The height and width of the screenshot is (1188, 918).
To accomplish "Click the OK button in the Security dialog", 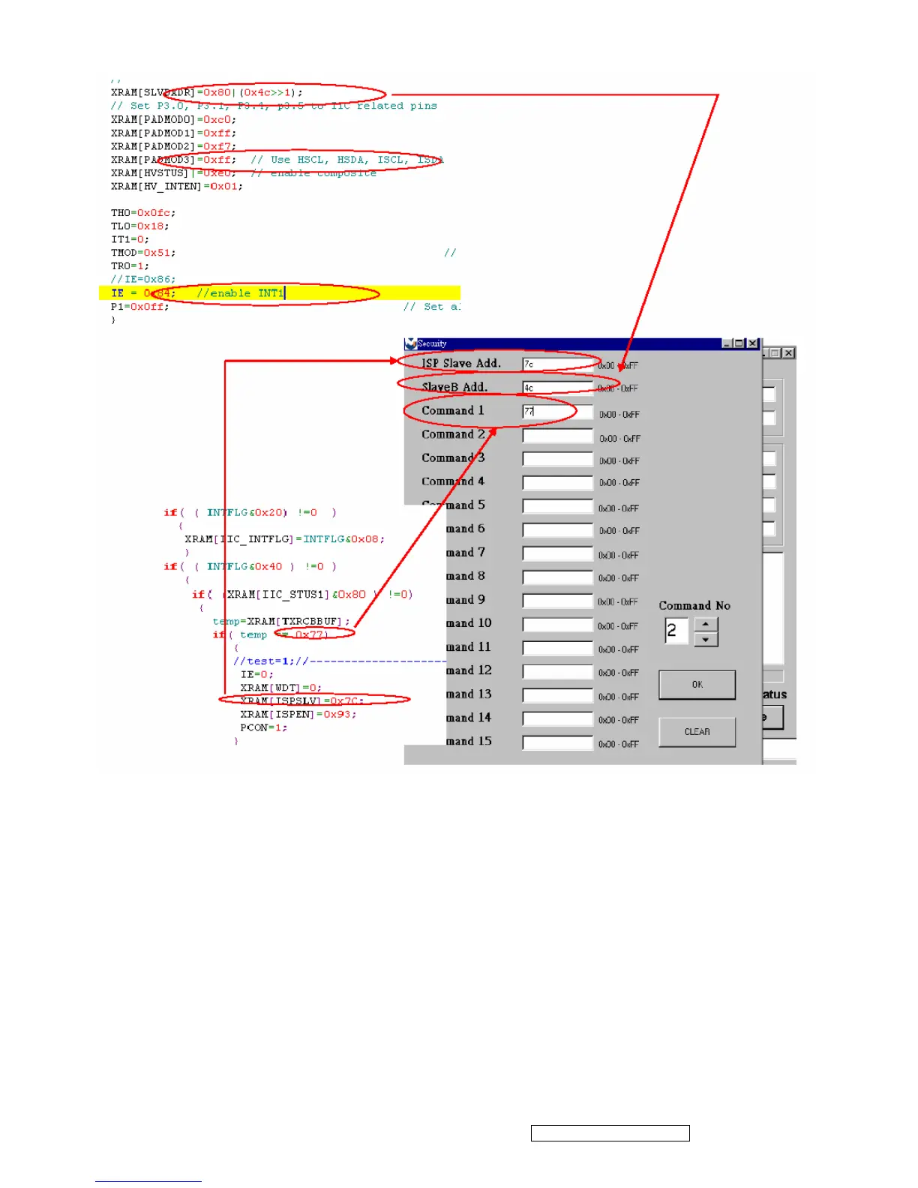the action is [697, 685].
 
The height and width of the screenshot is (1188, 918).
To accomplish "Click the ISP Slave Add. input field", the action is [557, 364].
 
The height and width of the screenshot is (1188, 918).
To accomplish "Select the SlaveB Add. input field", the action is [557, 388].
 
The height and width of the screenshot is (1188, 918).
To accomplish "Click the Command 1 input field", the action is [557, 412].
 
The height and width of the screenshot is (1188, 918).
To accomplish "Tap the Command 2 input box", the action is [557, 436].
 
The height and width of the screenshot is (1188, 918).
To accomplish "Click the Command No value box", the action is [676, 631].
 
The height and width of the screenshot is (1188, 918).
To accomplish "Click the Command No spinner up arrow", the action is [706, 624].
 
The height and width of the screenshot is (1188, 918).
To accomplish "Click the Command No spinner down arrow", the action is [706, 639].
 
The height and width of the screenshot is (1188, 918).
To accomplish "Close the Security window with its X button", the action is [753, 343].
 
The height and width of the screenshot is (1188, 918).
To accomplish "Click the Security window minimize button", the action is [727, 343].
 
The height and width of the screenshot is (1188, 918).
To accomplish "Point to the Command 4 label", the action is [453, 481].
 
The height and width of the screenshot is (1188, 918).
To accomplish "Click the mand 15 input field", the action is [557, 743].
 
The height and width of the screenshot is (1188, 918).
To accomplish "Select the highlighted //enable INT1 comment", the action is [241, 293].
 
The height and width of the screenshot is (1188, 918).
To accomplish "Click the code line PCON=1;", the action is [263, 727].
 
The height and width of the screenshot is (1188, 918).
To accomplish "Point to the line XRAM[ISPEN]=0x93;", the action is [298, 714].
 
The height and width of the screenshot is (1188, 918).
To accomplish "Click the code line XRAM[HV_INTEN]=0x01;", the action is [177, 187].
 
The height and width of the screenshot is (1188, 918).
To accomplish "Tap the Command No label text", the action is [694, 606].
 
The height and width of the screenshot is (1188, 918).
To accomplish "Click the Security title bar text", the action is [432, 343].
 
